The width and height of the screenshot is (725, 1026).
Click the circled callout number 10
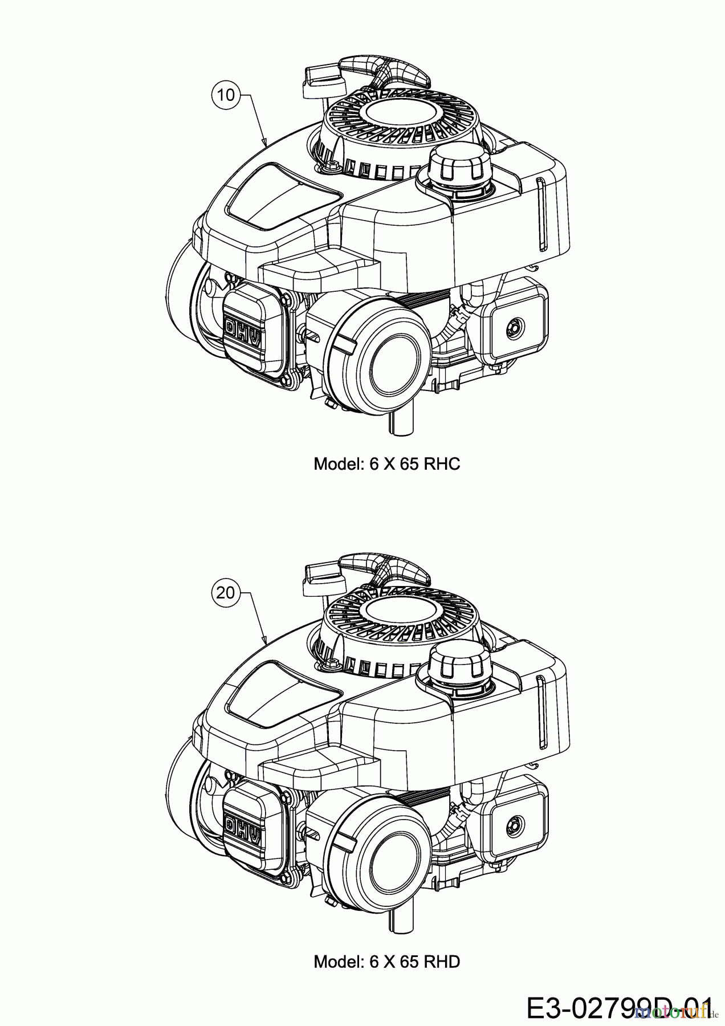point(226,95)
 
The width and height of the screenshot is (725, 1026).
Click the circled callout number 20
point(226,593)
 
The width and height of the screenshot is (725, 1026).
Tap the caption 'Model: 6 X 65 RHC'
point(386,463)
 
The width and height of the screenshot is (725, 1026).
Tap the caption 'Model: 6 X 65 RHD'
point(386,962)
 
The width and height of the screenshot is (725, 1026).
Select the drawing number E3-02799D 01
point(618,1005)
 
